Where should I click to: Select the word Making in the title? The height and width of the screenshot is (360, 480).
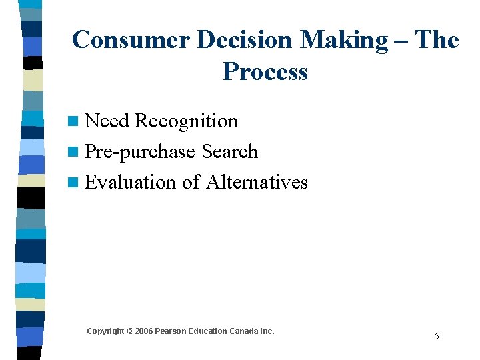point(344,40)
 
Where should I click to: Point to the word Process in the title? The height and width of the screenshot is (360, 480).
point(265,71)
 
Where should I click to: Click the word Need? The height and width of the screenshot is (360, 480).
point(107,121)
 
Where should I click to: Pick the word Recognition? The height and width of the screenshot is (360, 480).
point(186,121)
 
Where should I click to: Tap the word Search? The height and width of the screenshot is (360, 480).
point(229,152)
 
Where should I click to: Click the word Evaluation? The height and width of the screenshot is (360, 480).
point(131,183)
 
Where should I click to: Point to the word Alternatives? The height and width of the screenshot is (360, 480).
point(257,183)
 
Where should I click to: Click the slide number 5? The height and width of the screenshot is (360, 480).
point(437,336)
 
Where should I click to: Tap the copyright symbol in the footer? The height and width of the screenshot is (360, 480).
point(130,331)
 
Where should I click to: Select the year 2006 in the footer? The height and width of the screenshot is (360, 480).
point(143,331)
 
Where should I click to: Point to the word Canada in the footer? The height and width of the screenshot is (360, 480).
point(244,331)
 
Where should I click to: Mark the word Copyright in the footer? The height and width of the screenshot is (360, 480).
point(105,331)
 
